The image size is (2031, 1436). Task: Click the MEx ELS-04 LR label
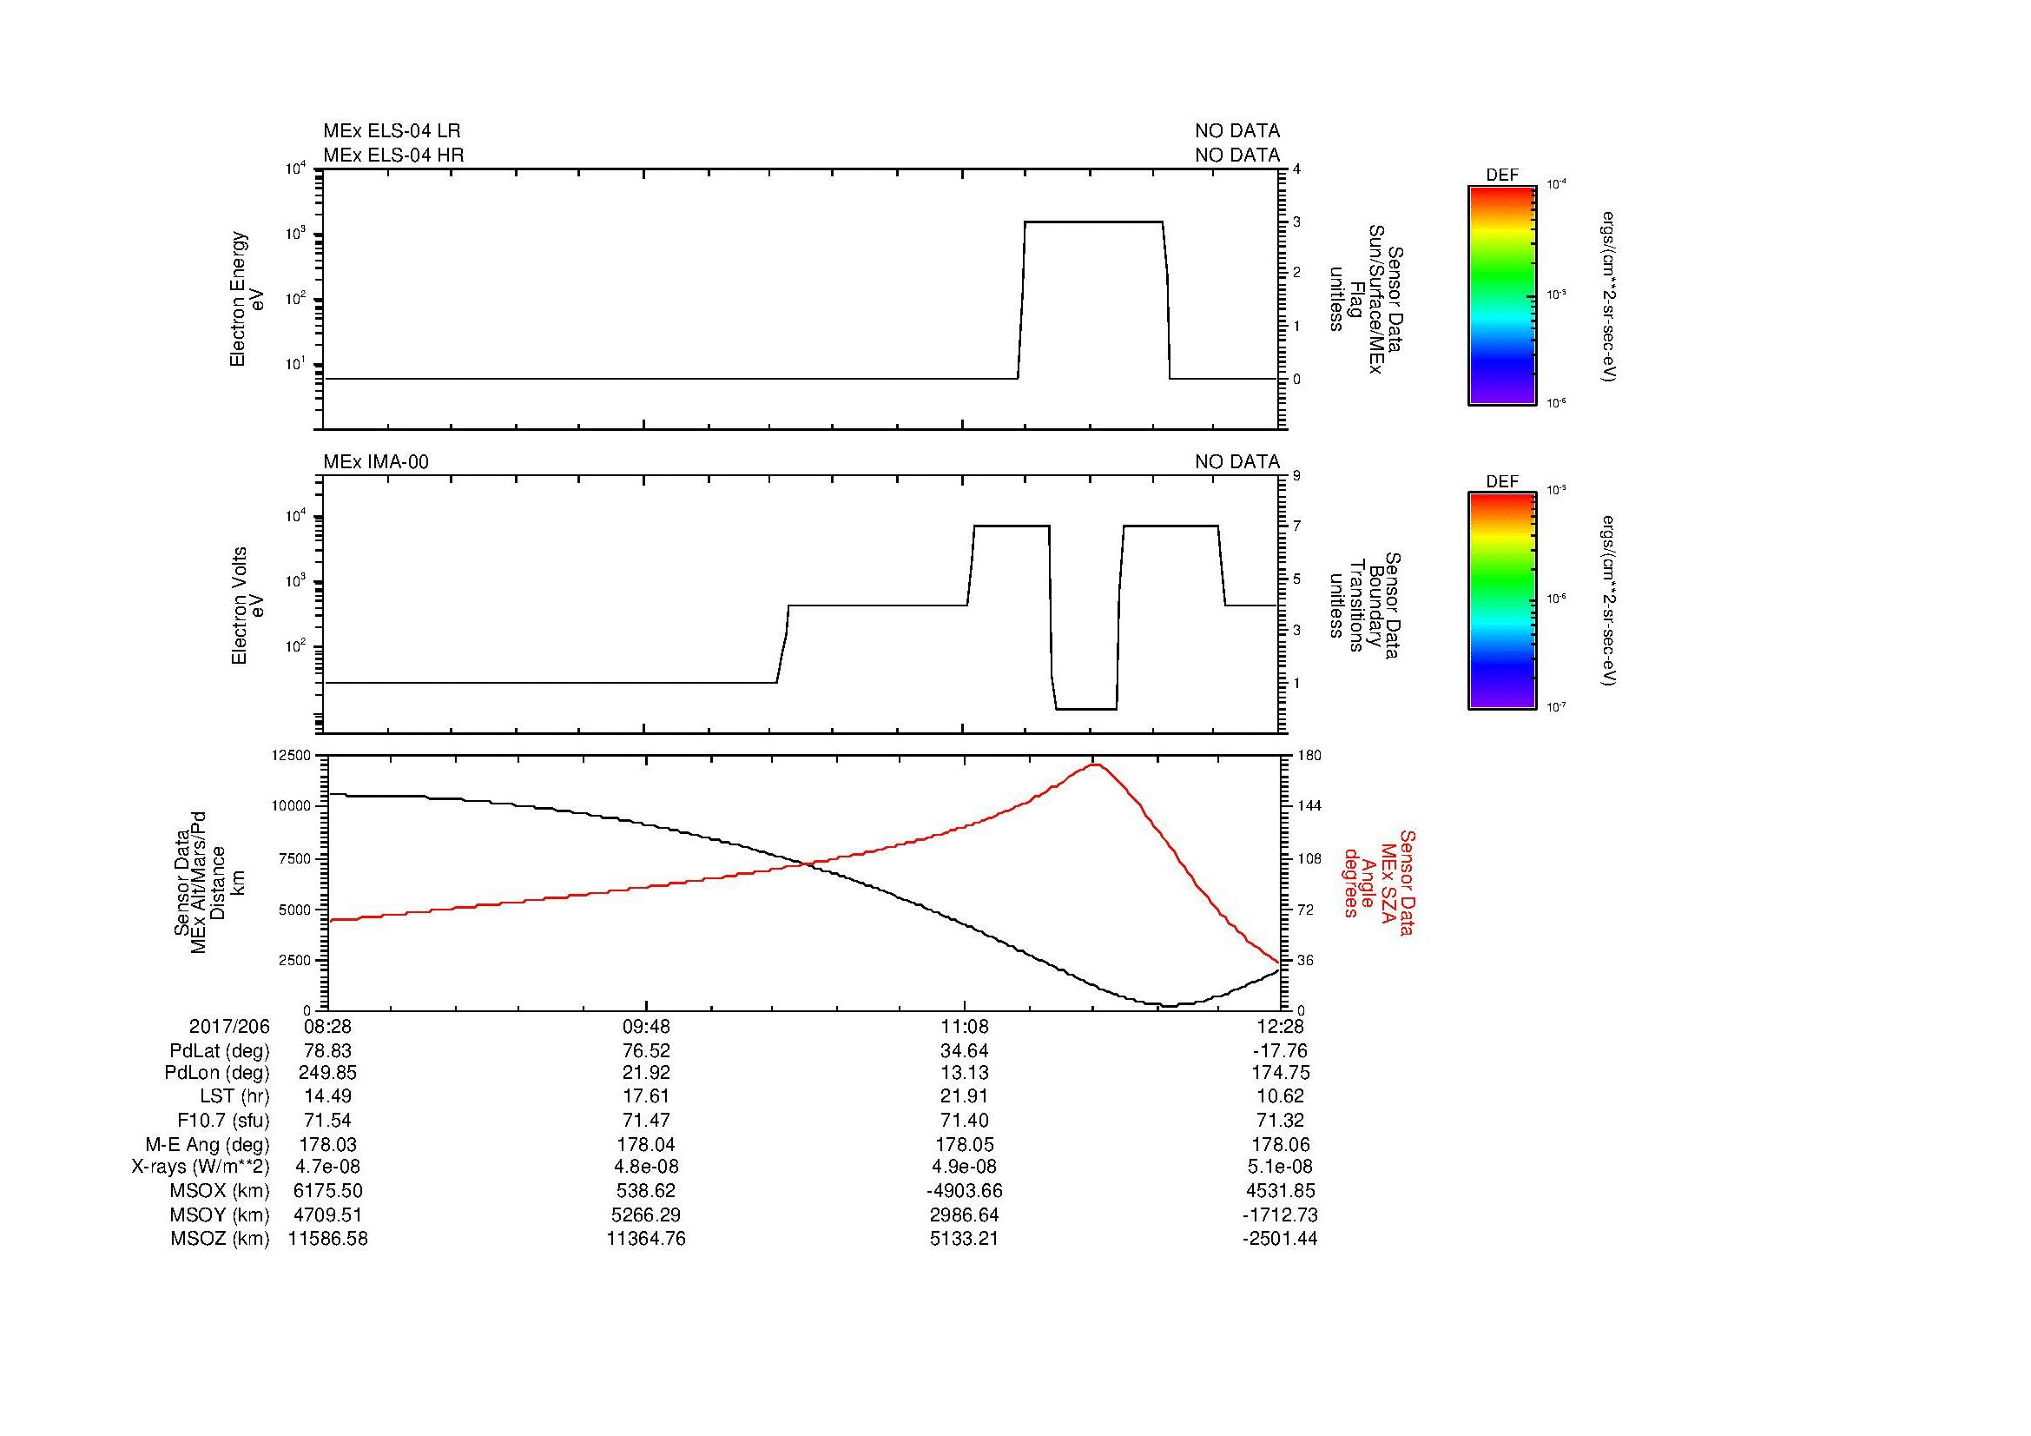(x=392, y=131)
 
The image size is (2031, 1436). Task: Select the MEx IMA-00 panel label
(x=376, y=462)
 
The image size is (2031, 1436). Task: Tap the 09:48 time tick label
(x=646, y=1026)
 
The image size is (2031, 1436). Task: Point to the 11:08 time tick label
(x=963, y=1026)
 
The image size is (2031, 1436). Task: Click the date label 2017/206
(x=229, y=1026)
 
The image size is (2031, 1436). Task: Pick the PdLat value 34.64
(x=963, y=1051)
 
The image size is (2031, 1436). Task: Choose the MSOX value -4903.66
(x=963, y=1191)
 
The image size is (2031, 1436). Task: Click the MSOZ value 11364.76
(x=646, y=1239)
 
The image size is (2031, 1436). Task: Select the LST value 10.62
(x=1280, y=1096)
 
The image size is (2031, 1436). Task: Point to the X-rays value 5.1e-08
(x=1280, y=1167)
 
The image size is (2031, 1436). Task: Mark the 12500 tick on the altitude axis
(x=292, y=755)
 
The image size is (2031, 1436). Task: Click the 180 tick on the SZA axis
(x=1309, y=755)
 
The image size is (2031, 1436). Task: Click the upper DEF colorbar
(x=1501, y=295)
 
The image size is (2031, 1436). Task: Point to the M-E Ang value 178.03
(x=327, y=1144)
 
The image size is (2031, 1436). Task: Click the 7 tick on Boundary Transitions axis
(x=1296, y=526)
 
